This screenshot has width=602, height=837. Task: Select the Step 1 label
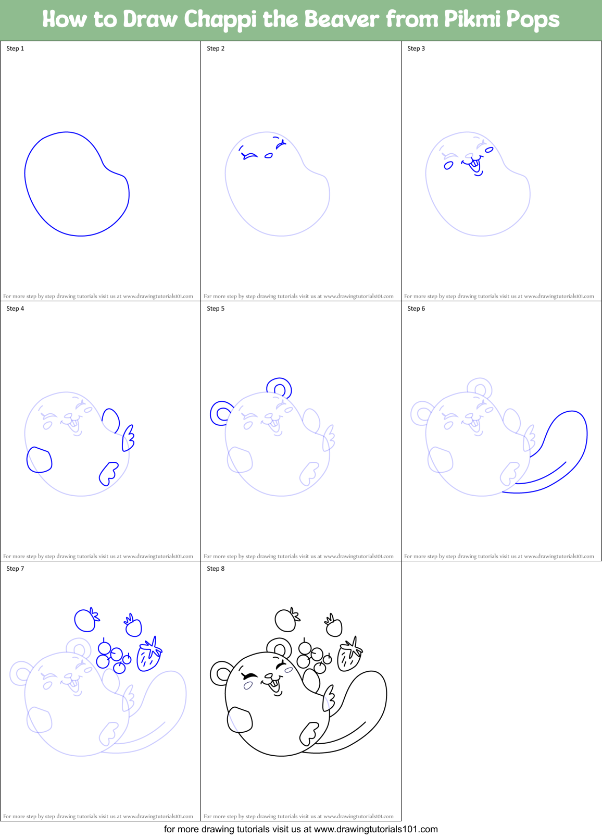[15, 48]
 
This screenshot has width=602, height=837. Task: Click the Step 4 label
[15, 309]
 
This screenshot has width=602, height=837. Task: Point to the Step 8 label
[216, 569]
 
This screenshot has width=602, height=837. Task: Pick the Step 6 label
[416, 309]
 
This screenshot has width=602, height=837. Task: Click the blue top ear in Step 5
[279, 388]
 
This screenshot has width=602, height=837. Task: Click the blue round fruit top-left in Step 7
[85, 620]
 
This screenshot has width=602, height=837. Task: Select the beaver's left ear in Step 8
[221, 673]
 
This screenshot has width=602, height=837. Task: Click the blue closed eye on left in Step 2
[249, 155]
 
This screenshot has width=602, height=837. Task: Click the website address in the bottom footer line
[375, 829]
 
